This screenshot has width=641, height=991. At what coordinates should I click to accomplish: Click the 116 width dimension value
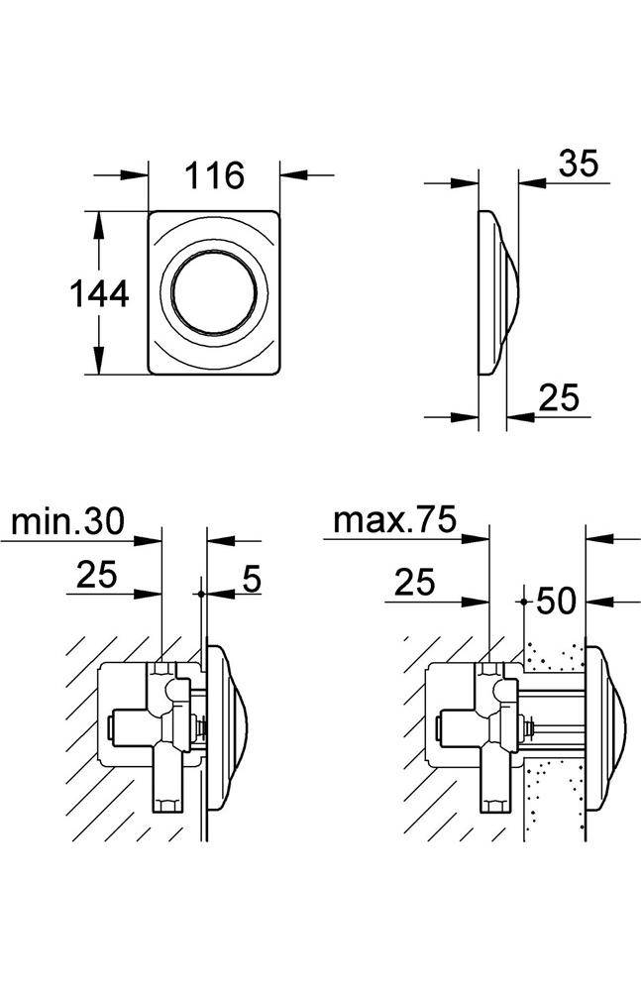tap(215, 175)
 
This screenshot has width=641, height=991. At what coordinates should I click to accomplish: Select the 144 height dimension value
tap(98, 293)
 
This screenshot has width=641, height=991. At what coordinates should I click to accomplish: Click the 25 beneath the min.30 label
tap(95, 575)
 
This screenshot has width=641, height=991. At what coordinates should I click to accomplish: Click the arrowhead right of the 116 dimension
tap(291, 175)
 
